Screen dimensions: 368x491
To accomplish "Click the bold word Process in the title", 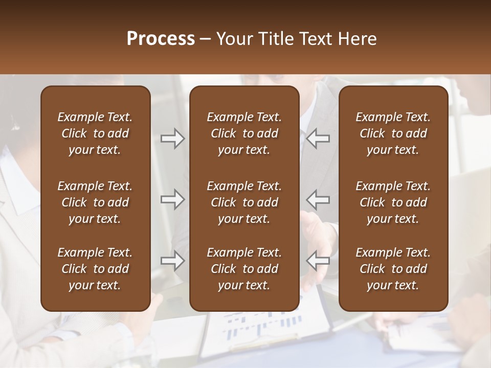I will (x=161, y=39).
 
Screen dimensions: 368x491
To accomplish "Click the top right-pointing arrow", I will (x=173, y=139).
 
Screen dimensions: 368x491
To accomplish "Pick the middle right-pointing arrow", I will (x=173, y=199).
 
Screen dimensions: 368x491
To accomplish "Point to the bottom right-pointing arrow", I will (x=173, y=261).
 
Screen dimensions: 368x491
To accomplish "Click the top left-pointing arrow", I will (x=318, y=139).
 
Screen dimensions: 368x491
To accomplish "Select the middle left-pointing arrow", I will (x=318, y=199).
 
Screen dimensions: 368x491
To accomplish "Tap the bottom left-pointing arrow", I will (x=318, y=261).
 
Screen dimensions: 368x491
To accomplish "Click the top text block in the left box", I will (x=95, y=133).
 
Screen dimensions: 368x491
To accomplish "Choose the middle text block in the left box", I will (x=95, y=202).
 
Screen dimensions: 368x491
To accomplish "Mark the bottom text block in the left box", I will (x=95, y=269).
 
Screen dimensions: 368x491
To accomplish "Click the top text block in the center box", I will (x=244, y=133).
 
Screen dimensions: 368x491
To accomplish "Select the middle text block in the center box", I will (x=244, y=202).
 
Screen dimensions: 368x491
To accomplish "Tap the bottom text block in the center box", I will (x=244, y=269).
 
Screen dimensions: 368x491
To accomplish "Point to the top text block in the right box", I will (x=393, y=133).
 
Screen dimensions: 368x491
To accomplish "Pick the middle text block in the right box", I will (x=393, y=202).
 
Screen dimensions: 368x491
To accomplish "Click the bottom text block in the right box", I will (x=393, y=269).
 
